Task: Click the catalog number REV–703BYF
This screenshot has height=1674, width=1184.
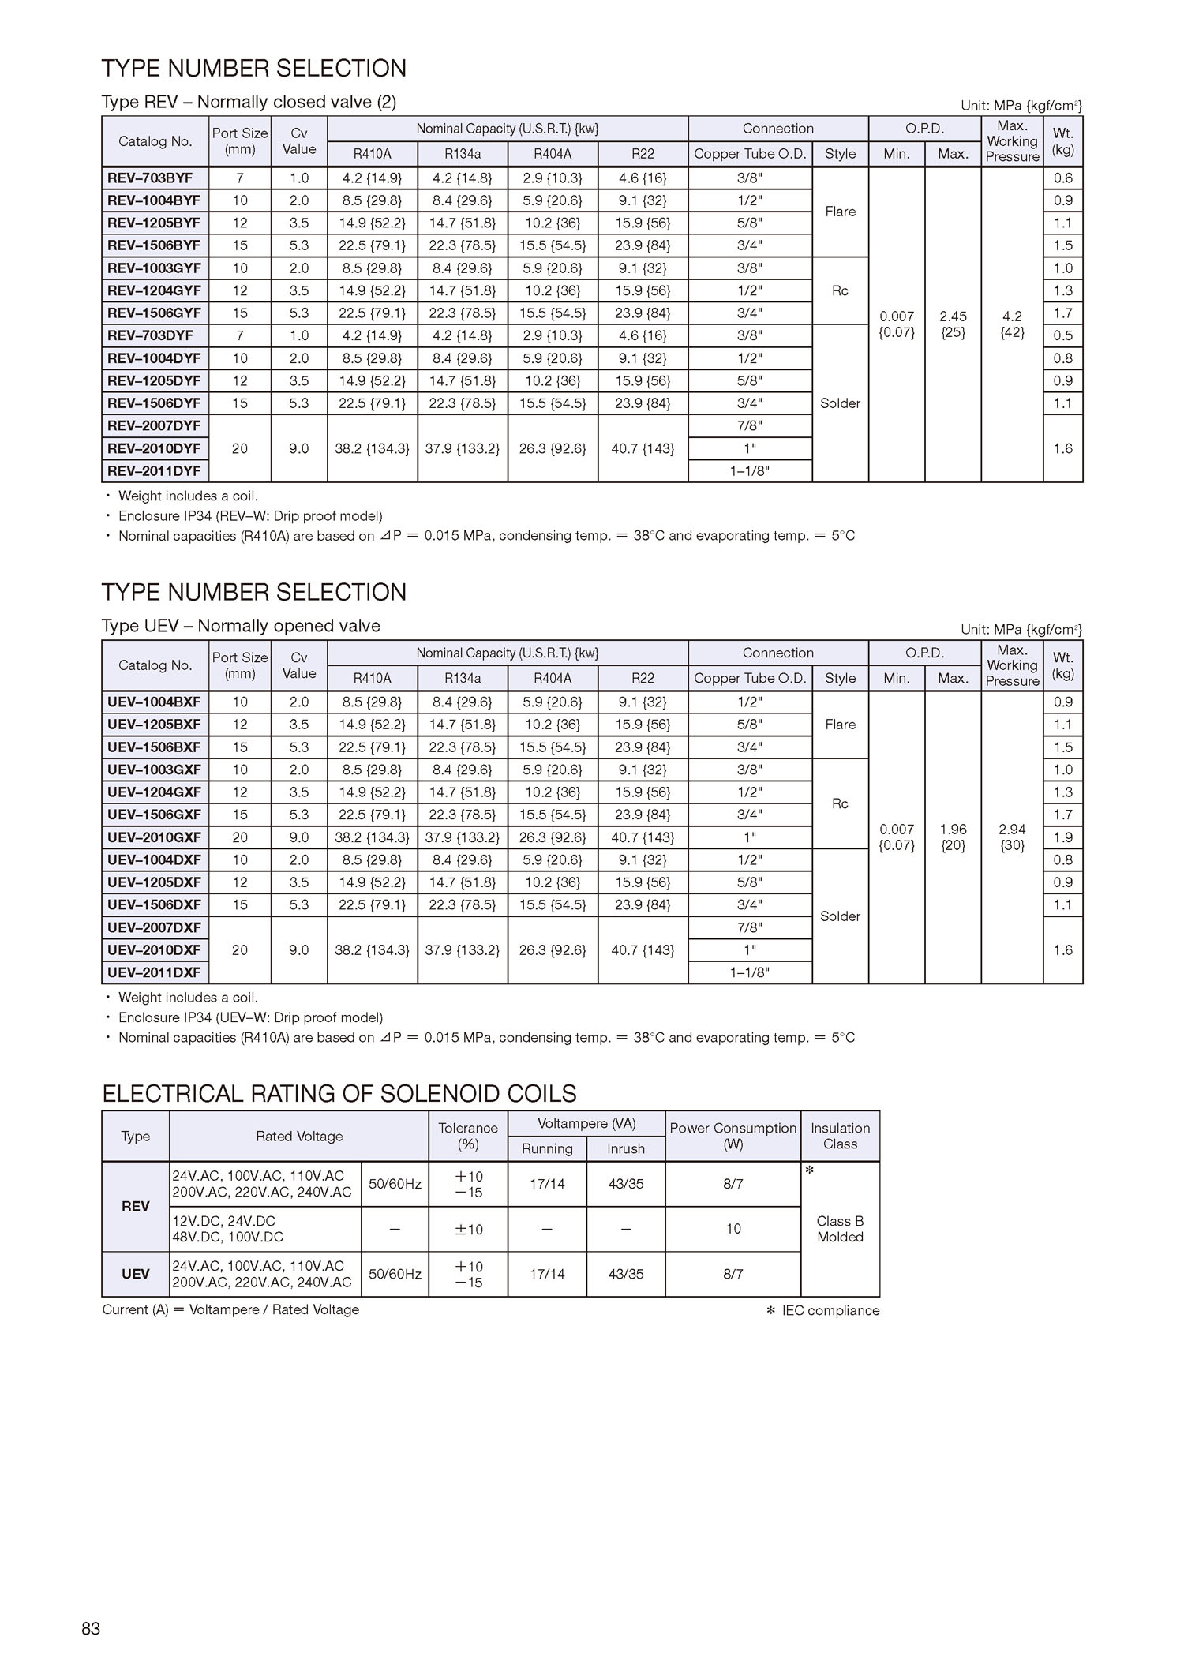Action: point(150,178)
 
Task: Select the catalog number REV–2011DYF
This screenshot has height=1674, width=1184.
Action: point(154,471)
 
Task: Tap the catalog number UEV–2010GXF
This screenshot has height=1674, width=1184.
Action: point(154,837)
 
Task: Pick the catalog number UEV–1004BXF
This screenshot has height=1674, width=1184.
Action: point(154,702)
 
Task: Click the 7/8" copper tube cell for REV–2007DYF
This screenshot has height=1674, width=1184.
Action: point(750,426)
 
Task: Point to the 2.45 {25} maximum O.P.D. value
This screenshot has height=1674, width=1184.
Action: point(953,324)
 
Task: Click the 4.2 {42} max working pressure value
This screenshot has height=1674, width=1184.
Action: point(1012,324)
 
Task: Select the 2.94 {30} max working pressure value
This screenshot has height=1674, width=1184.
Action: point(1012,837)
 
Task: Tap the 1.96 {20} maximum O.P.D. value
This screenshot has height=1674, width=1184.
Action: point(953,837)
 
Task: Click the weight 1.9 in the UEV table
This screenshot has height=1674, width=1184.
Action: point(1062,837)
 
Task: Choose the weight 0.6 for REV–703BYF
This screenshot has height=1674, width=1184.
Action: point(1062,178)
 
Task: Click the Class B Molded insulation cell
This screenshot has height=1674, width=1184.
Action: point(840,1229)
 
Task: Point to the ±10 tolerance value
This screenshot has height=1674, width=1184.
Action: point(468,1230)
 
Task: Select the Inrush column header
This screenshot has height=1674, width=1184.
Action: point(625,1149)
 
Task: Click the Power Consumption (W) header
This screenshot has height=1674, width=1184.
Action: point(733,1136)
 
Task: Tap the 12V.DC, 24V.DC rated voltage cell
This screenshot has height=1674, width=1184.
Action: point(265,1229)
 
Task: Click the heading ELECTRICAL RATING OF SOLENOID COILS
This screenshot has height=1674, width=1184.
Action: point(339,1094)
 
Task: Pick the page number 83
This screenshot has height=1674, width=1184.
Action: point(91,1629)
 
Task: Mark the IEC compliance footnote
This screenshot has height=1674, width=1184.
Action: point(822,1311)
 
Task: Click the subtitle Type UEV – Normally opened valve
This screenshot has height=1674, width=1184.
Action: point(241,626)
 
